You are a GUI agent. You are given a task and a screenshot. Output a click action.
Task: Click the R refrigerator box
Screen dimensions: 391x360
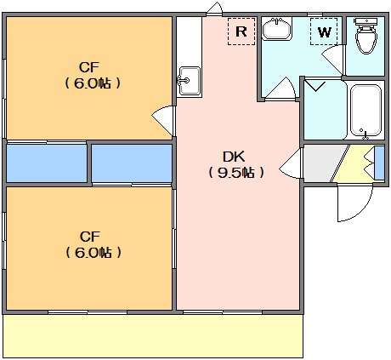pyautogui.click(x=241, y=31)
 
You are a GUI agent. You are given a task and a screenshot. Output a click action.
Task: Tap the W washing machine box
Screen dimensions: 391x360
pyautogui.click(x=324, y=31)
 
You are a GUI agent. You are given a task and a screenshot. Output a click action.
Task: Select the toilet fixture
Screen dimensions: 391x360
pyautogui.click(x=366, y=36)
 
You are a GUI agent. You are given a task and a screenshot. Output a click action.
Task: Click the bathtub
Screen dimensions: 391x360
pyautogui.click(x=365, y=111)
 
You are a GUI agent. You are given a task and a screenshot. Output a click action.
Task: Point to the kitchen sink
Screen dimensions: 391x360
pyautogui.click(x=190, y=81)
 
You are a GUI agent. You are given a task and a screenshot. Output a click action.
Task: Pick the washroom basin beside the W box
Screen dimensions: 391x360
pyautogui.click(x=277, y=29)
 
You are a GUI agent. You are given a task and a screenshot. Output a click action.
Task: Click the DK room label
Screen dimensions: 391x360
pyautogui.click(x=234, y=157)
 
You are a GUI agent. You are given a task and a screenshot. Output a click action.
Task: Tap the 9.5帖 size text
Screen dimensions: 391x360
pyautogui.click(x=236, y=172)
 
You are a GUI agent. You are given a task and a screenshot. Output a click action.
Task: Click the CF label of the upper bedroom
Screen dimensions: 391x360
pyautogui.click(x=89, y=67)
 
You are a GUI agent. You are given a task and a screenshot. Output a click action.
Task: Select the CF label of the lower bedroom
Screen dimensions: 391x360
pyautogui.click(x=90, y=237)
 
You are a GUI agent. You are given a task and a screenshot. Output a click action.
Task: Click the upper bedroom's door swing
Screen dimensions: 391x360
pyautogui.click(x=163, y=120)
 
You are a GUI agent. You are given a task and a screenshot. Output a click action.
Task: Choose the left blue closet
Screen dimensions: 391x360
pyautogui.click(x=47, y=163)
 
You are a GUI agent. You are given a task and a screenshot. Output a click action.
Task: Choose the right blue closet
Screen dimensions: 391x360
pyautogui.click(x=132, y=163)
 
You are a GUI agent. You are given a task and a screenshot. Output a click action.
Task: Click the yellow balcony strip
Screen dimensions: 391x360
pyautogui.click(x=153, y=336)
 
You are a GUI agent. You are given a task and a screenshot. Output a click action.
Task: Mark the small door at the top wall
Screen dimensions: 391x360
pyautogui.click(x=214, y=8)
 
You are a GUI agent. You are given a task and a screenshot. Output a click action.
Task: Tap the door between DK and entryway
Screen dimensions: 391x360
pyautogui.click(x=291, y=164)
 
